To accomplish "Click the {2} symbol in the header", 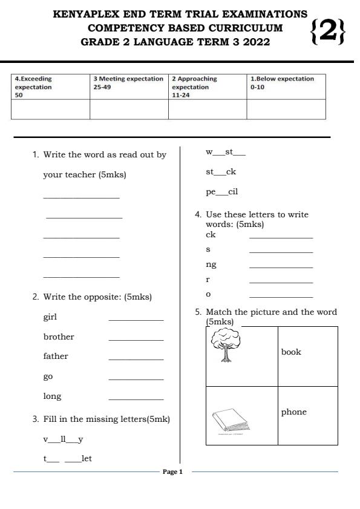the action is (x=327, y=32).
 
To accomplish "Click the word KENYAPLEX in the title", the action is (x=88, y=13).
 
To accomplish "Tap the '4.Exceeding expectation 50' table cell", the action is (x=50, y=87).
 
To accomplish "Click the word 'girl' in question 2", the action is (x=50, y=317).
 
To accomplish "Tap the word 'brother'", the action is (x=59, y=337).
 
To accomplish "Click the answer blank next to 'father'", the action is (x=136, y=359).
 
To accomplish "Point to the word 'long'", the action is (x=52, y=396).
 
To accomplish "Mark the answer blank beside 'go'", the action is (x=136, y=379).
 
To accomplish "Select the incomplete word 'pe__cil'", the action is (x=221, y=192).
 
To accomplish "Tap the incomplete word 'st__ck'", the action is (x=221, y=172).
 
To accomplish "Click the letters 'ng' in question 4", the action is (x=211, y=264).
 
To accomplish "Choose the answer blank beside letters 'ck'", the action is (x=281, y=237).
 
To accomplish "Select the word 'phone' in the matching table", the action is (x=293, y=412).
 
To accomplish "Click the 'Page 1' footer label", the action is (x=172, y=471).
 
